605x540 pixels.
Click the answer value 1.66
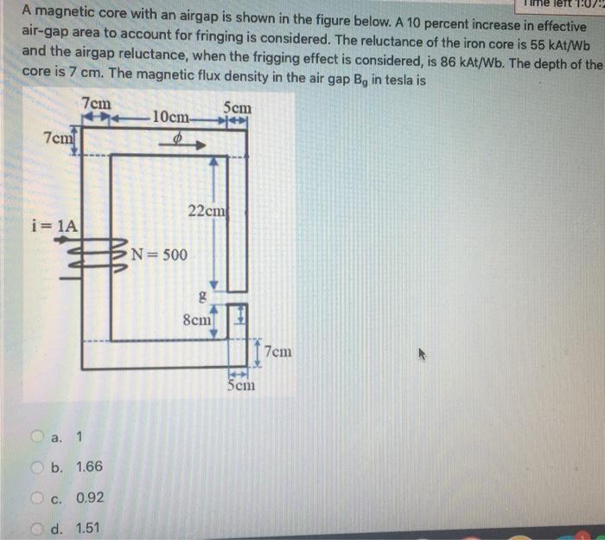pyautogui.click(x=89, y=467)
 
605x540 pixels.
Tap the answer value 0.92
pyautogui.click(x=90, y=498)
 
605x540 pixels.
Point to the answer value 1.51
pyautogui.click(x=89, y=528)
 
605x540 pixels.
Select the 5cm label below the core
pyautogui.click(x=241, y=385)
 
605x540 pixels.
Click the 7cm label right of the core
pyautogui.click(x=278, y=352)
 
